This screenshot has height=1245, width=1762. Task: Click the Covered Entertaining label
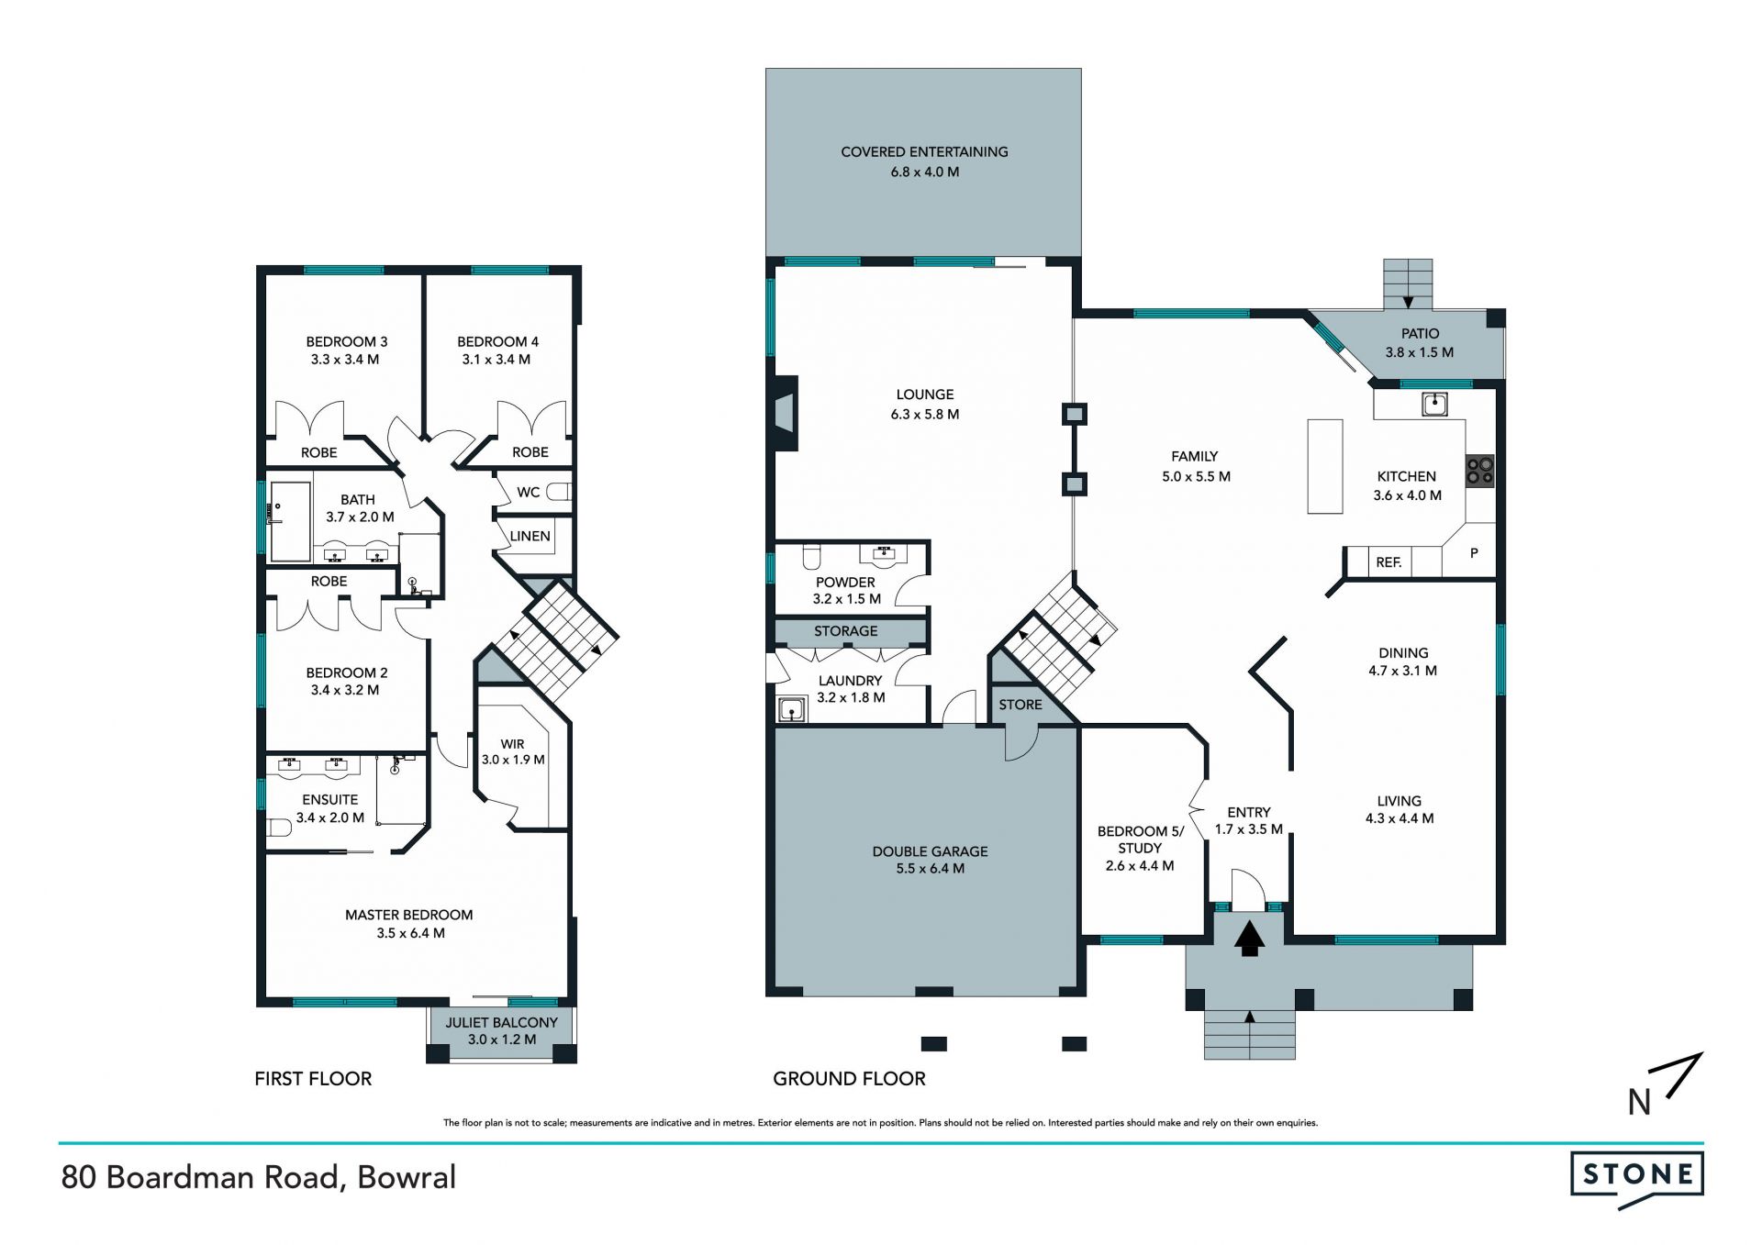[x=924, y=151]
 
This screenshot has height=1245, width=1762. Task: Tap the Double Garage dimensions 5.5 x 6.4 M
[x=930, y=868]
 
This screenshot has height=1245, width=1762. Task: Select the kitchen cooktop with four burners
[x=1479, y=470]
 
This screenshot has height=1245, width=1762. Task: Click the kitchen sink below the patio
[x=1434, y=403]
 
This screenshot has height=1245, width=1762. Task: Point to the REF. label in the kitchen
[x=1388, y=562]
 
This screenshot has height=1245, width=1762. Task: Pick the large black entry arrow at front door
[x=1248, y=939]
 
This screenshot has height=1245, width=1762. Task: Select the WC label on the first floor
[x=528, y=493]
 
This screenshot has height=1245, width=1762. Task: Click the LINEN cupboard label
[x=530, y=536]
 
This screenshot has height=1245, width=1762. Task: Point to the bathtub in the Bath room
[x=290, y=521]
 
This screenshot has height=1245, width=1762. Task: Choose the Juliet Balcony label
[x=501, y=1022]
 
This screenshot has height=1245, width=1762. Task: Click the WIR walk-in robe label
[x=512, y=744]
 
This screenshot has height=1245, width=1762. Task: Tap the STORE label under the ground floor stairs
[x=1020, y=705]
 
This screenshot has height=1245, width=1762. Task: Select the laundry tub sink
[x=790, y=709]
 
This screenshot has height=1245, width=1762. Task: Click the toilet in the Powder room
[x=810, y=557]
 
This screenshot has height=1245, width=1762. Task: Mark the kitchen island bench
[x=1324, y=466]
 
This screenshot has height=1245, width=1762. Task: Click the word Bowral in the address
[x=407, y=1177]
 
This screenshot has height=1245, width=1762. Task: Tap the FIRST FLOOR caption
[x=313, y=1079]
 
